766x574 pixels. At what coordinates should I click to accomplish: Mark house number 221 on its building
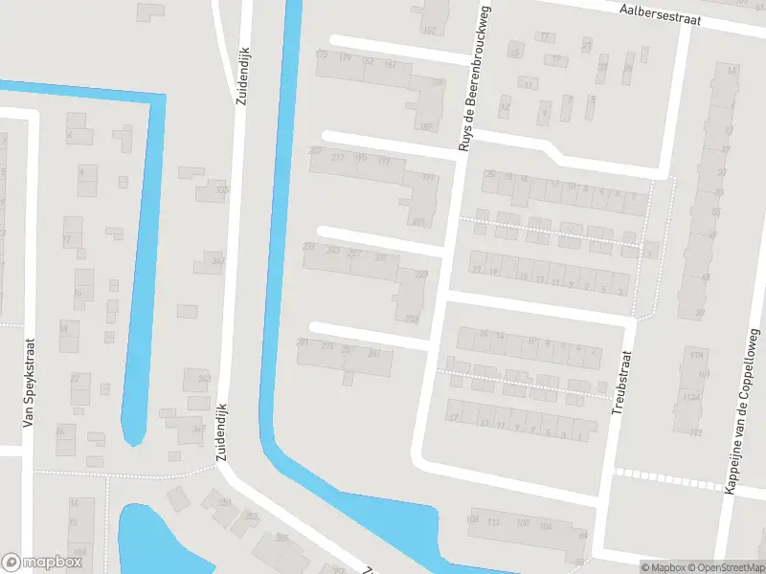(417, 222)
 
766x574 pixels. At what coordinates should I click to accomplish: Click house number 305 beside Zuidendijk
(222, 189)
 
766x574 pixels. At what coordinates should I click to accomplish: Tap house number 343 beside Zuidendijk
(203, 379)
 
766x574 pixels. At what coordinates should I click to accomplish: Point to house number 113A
(691, 397)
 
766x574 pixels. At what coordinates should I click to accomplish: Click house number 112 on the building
(494, 521)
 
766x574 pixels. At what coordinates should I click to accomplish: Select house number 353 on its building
(251, 517)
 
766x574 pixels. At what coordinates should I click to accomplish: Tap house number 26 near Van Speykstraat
(60, 431)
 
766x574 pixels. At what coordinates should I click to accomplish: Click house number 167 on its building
(390, 64)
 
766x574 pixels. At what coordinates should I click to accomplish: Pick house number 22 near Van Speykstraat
(74, 378)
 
